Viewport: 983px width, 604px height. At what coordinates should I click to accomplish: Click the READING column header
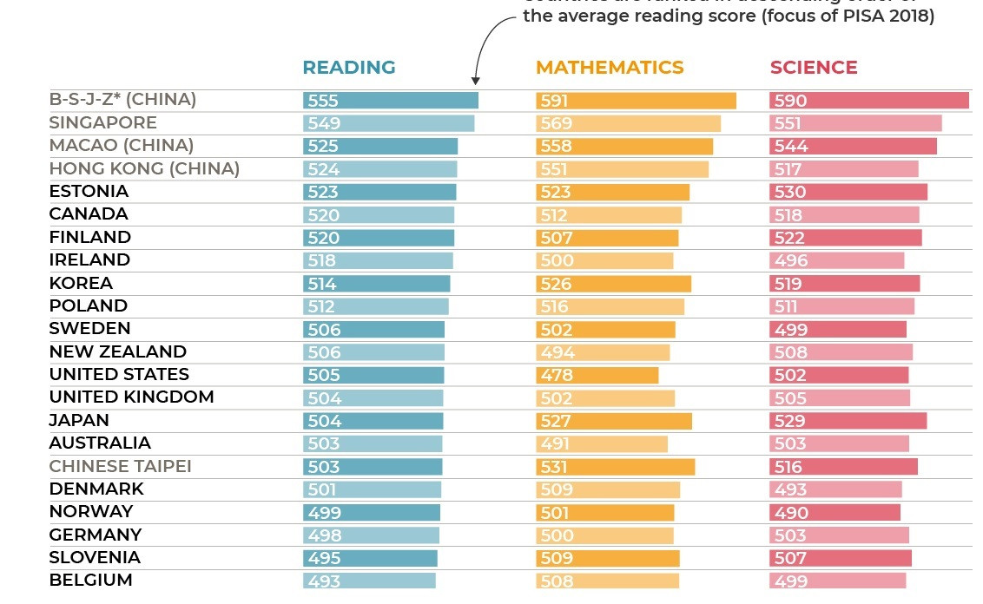348,68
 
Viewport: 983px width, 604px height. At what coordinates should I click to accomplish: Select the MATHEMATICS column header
610,68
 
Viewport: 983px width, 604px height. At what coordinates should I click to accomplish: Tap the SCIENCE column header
813,68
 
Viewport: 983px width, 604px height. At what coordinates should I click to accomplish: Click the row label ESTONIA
89,191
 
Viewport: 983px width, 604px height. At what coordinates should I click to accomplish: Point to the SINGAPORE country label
102,122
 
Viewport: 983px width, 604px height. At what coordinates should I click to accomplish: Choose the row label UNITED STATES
119,374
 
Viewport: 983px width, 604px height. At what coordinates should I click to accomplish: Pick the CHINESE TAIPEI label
120,466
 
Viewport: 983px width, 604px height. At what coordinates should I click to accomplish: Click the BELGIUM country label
90,580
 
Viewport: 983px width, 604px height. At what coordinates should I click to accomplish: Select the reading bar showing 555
390,101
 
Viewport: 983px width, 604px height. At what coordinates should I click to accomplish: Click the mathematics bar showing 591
636,101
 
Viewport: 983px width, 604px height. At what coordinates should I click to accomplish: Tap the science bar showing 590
868,101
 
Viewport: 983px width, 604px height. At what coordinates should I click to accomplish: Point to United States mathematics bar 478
597,375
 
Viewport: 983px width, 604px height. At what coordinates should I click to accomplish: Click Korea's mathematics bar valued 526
613,284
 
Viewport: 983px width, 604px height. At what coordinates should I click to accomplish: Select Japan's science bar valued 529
848,421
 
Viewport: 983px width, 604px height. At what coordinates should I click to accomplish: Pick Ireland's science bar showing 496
836,260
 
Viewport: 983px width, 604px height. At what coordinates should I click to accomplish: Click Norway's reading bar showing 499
371,512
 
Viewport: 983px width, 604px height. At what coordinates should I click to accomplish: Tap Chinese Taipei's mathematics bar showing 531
615,467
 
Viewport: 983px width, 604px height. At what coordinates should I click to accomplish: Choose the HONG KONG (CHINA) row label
144,168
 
